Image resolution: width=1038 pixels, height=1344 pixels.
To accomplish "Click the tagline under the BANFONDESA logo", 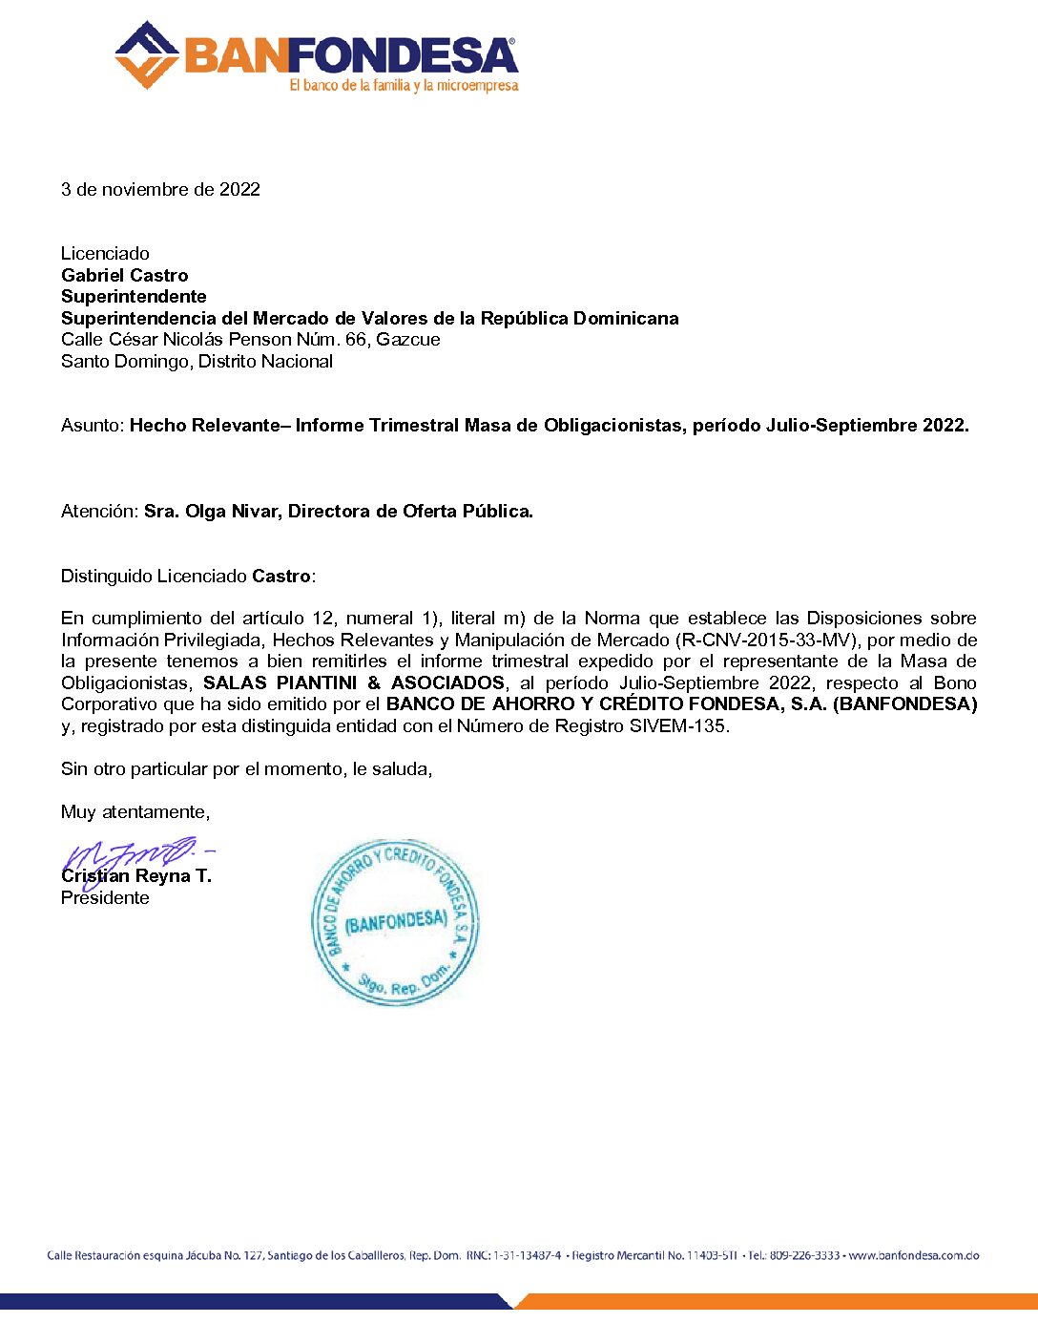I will tap(404, 86).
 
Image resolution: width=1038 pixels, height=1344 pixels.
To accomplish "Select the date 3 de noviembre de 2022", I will tap(160, 189).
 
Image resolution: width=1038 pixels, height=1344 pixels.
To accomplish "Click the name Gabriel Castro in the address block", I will tap(124, 275).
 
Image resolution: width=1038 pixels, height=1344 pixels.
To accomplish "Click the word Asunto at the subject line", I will tap(92, 426).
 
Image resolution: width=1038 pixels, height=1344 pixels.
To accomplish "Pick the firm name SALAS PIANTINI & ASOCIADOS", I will tap(353, 682).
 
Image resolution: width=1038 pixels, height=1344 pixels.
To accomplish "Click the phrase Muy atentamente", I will tap(135, 812).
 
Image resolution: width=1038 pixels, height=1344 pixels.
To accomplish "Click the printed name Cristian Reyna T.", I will tap(136, 876).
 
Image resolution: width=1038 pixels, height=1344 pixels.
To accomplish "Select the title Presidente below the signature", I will tap(105, 898).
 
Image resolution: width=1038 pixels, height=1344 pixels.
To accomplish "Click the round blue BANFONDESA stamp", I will tap(395, 922).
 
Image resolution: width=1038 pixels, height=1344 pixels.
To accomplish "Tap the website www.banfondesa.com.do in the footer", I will tap(914, 1255).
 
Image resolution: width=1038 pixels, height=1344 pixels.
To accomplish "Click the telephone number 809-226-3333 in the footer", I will tap(805, 1255).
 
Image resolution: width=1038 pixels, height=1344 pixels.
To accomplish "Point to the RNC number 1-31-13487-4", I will tap(527, 1255).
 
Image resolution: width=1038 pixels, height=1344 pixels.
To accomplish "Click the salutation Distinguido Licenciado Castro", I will tap(188, 577).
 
